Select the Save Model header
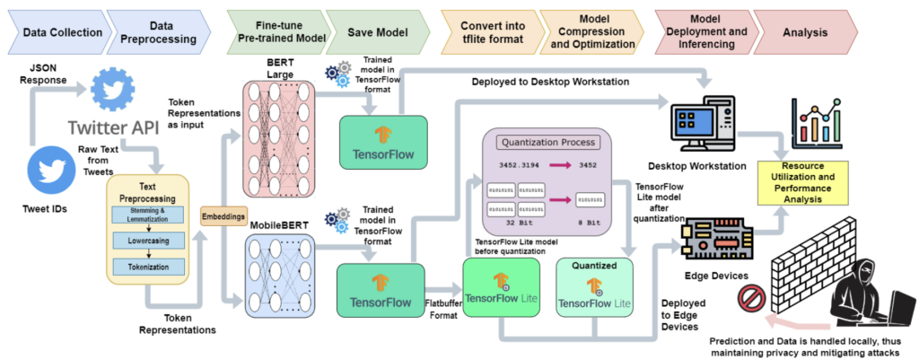[x=377, y=31]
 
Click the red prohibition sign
[x=749, y=298]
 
